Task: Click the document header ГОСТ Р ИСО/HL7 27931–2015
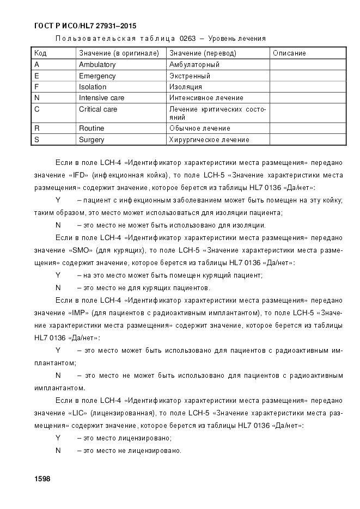[84, 26]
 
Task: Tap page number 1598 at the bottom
[42, 479]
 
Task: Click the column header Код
[40, 53]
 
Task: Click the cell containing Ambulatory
[97, 65]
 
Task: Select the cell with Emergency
[97, 76]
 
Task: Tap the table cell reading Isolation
[93, 87]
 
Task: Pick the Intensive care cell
[101, 98]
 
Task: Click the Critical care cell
[98, 109]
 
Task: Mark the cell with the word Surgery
[91, 140]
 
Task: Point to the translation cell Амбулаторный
[194, 65]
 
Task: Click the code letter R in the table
[36, 128]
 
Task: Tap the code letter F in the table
[36, 87]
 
